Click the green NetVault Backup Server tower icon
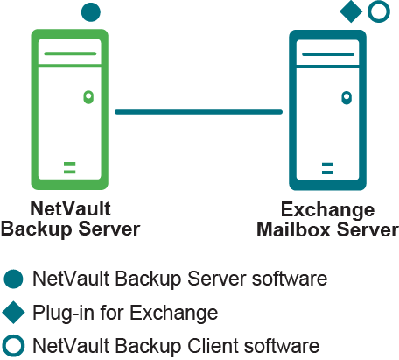[34, 109]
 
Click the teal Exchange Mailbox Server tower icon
[292, 110]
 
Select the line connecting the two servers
[199, 112]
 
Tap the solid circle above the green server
[91, 12]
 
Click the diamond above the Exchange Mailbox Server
[351, 11]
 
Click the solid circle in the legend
[13, 279]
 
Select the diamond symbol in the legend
[13, 313]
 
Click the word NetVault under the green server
[70, 208]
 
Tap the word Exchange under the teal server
[327, 210]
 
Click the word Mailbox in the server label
[293, 229]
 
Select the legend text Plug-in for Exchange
[125, 313]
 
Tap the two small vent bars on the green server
[70, 167]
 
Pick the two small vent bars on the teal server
[327, 168]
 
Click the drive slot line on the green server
[70, 53]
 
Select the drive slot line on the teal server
[328, 54]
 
